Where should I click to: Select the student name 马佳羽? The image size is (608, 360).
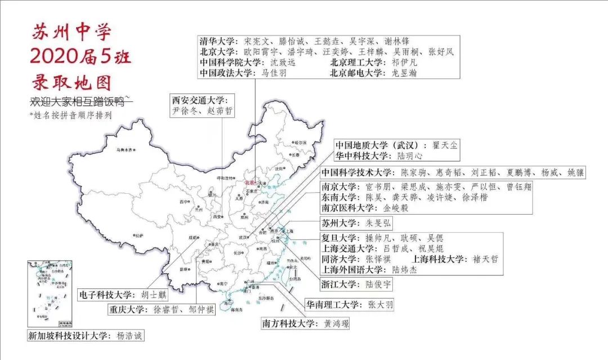coord(275,73)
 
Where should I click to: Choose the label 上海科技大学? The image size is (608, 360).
coord(440,259)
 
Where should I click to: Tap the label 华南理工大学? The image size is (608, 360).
coord(333,305)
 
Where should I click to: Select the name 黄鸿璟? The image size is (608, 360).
coord(336,324)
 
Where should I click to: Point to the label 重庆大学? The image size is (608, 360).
coord(128,310)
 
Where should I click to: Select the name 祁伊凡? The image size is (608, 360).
coord(405,63)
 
